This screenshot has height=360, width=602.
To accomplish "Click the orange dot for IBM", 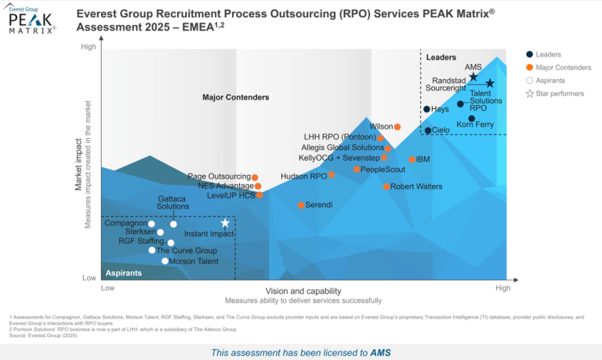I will (412, 159).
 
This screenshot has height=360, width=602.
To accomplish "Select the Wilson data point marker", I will (397, 126).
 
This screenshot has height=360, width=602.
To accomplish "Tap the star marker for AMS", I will (473, 77).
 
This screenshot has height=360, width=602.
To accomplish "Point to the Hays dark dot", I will (426, 109).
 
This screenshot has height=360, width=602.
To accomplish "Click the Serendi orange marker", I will (301, 205).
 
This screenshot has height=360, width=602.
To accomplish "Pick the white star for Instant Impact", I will (225, 224).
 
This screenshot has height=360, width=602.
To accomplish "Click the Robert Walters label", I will (416, 187).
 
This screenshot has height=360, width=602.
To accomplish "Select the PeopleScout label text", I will (383, 169).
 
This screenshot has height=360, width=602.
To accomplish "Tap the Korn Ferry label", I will (475, 124).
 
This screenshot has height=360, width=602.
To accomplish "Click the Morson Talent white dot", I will (165, 261).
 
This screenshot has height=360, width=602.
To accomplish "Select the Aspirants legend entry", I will (551, 81).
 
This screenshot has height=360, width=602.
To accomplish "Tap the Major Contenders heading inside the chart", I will (235, 97).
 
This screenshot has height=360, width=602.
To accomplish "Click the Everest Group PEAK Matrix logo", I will (32, 20).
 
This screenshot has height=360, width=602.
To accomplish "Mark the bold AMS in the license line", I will (380, 352).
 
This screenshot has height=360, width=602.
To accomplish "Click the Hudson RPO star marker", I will (332, 175).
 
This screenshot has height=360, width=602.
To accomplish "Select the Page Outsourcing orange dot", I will (255, 177).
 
